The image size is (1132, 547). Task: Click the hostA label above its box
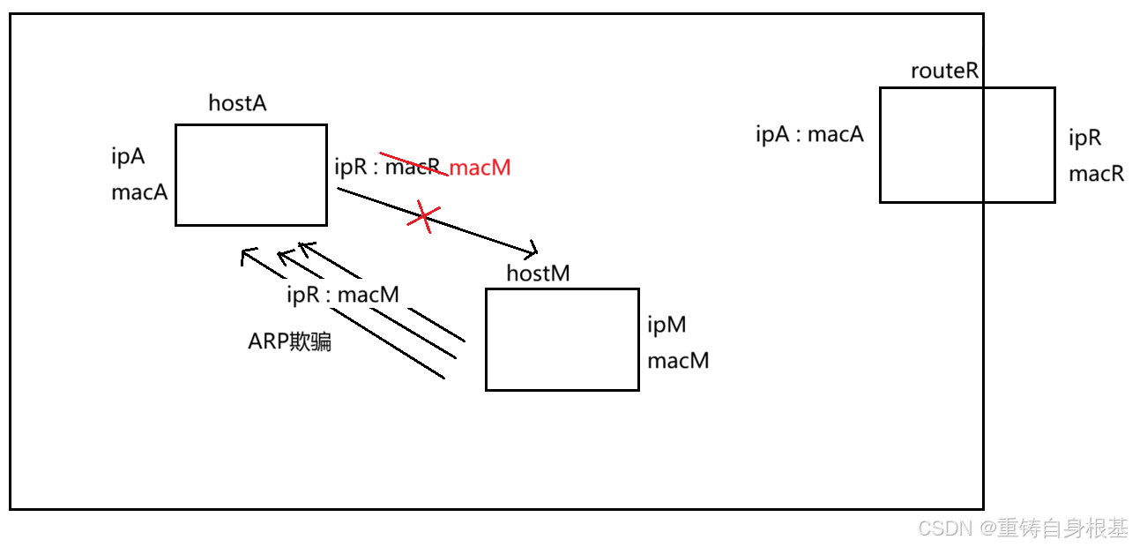(237, 103)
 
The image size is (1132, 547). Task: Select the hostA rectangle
(251, 175)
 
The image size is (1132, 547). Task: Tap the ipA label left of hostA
(128, 157)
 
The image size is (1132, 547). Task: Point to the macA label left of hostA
(139, 192)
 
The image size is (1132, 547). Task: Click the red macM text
(480, 168)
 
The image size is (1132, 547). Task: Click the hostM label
(538, 273)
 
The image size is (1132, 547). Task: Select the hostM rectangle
(562, 339)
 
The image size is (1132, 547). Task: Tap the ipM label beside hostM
(667, 326)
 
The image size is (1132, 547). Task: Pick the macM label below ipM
(678, 361)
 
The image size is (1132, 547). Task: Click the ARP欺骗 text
(290, 343)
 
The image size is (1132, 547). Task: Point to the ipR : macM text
(343, 296)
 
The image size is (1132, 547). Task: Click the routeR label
(945, 71)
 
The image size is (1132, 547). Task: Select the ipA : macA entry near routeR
(809, 135)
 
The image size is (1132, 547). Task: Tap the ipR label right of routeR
(1085, 139)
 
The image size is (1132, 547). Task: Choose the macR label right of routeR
(1096, 174)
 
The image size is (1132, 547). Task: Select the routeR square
(966, 145)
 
